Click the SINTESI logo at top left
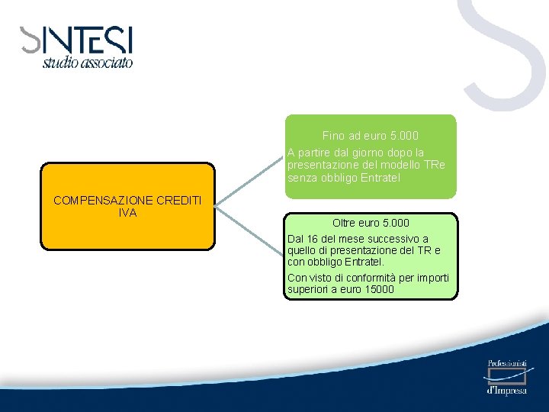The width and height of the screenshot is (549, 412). point(76,40)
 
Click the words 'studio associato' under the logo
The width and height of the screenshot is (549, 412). point(87,63)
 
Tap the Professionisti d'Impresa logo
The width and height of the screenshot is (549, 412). point(506,377)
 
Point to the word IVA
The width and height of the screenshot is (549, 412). point(127,213)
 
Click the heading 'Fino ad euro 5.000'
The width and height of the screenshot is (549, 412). point(371,136)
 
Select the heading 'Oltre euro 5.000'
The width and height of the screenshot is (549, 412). point(371,223)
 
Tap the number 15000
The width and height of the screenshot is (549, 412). point(378,289)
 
